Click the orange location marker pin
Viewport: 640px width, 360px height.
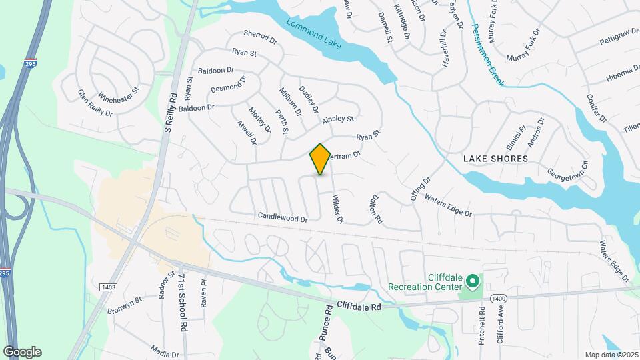(320, 159)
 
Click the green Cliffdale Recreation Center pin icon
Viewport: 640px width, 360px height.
(473, 282)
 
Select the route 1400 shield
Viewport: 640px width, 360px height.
(497, 297)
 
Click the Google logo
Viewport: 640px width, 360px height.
(22, 352)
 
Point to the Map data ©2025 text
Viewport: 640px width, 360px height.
(611, 355)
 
